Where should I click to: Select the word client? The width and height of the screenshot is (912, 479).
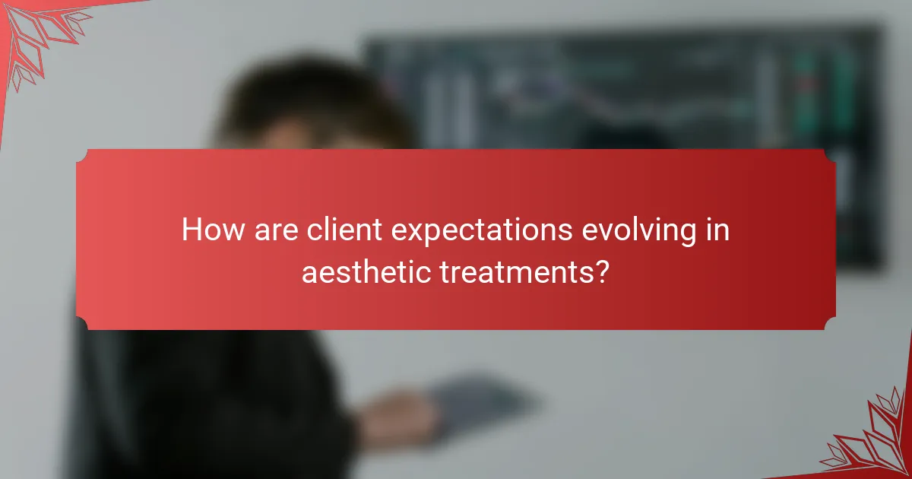340,230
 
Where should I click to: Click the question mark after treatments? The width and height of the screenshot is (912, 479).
601,271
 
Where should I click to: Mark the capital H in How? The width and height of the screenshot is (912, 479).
192,230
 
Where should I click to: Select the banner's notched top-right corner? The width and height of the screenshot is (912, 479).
830,155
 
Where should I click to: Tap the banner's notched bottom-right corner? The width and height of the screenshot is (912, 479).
830,324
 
